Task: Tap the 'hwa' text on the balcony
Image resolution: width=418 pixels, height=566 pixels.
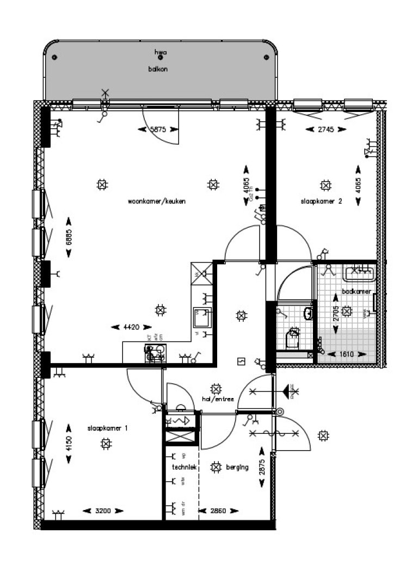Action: (x=160, y=53)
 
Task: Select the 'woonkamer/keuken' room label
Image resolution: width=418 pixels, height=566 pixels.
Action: (x=157, y=201)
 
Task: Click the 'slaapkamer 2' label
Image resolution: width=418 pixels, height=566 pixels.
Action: (x=321, y=201)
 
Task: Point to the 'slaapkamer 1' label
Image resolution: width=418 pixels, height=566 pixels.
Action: (x=108, y=428)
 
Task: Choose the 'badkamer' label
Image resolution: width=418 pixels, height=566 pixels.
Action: (x=357, y=291)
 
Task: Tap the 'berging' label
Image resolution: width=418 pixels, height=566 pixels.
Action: (x=238, y=467)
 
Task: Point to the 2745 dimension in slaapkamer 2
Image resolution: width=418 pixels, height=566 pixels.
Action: (x=325, y=129)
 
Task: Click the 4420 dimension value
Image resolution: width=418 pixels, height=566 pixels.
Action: (x=131, y=327)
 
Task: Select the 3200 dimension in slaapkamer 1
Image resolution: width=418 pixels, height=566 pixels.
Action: (x=103, y=511)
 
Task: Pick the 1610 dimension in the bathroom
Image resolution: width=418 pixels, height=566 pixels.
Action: (x=347, y=354)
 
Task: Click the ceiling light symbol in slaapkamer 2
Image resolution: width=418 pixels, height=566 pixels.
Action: (x=325, y=185)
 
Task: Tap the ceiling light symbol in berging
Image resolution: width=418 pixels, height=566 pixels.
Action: (x=216, y=467)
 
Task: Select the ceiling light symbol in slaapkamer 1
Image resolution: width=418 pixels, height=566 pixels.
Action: (x=104, y=444)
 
